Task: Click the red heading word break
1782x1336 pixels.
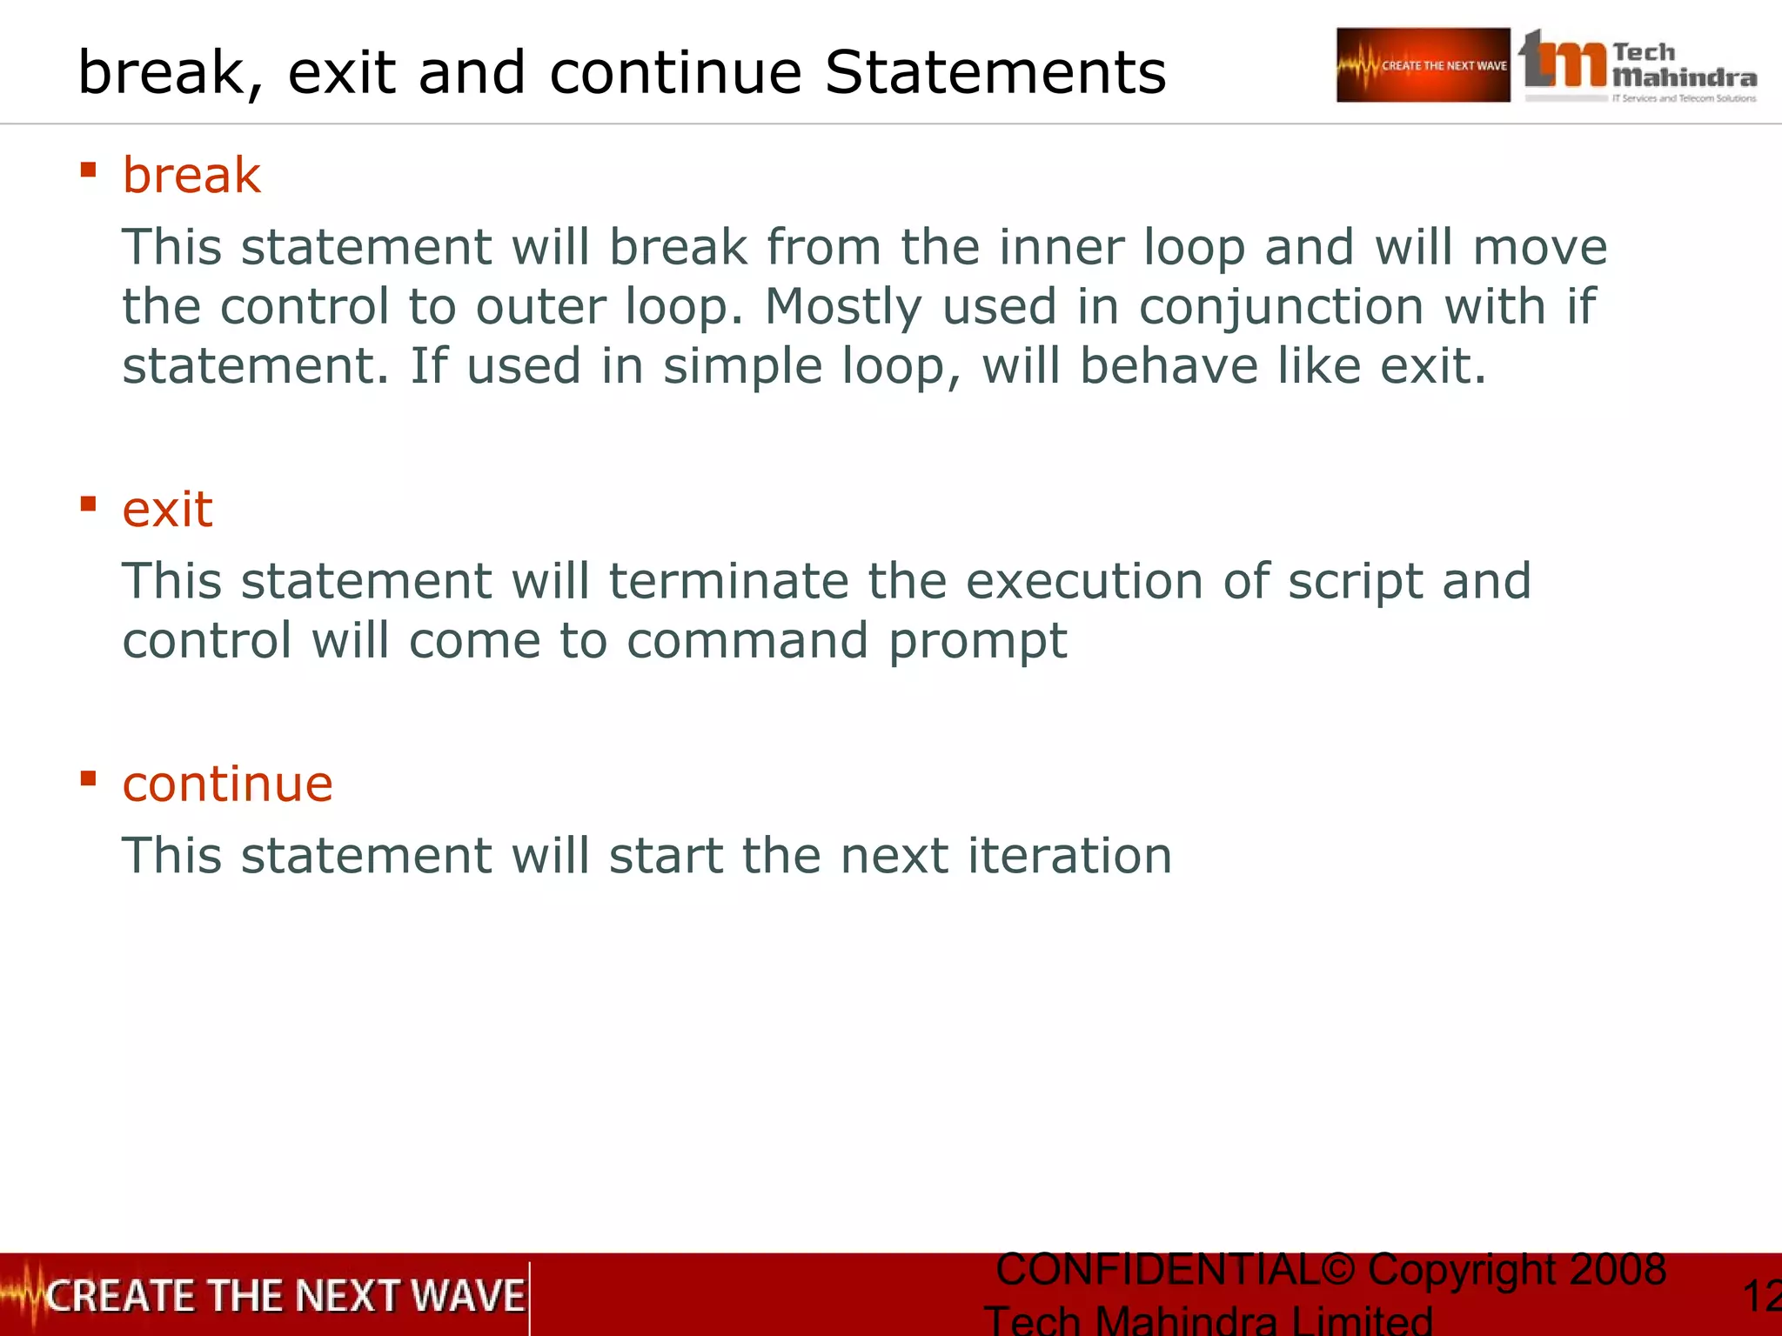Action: click(x=191, y=176)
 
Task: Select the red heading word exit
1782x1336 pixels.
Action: click(x=167, y=510)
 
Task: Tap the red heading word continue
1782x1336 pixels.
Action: click(x=227, y=784)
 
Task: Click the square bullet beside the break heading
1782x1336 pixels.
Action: click(x=88, y=169)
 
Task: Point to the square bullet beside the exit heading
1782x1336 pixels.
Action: click(x=88, y=504)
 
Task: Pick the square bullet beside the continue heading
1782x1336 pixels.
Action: click(x=88, y=778)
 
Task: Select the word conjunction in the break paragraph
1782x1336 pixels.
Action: click(x=1281, y=307)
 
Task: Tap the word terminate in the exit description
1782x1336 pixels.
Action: click(x=728, y=581)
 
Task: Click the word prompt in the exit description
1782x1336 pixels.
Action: click(x=977, y=642)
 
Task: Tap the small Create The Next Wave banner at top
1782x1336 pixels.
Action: click(x=1423, y=65)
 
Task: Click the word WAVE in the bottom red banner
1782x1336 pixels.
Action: click(x=467, y=1296)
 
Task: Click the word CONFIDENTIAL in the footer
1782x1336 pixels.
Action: click(x=1157, y=1270)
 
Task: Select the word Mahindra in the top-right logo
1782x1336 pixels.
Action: click(x=1684, y=78)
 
